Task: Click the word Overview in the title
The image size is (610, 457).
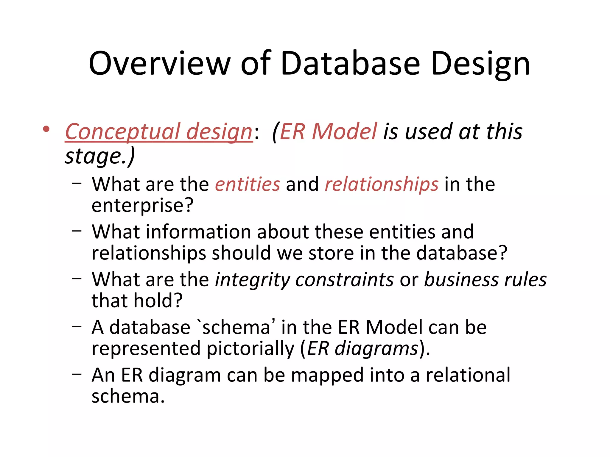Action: pos(160,64)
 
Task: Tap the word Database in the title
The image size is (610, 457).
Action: pos(350,64)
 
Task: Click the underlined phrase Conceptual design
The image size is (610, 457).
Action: pos(159,132)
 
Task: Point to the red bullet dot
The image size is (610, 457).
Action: pos(46,129)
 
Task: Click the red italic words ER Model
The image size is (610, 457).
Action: pos(329,132)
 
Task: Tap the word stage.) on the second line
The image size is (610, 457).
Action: pos(100,156)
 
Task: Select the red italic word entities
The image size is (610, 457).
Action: pos(248,184)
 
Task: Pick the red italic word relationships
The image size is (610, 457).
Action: pos(382,185)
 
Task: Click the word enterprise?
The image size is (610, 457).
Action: pos(142,206)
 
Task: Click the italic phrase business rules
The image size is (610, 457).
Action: pos(485,280)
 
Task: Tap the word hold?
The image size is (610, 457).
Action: pos(158,301)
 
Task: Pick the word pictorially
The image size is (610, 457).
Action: pos(250,349)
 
